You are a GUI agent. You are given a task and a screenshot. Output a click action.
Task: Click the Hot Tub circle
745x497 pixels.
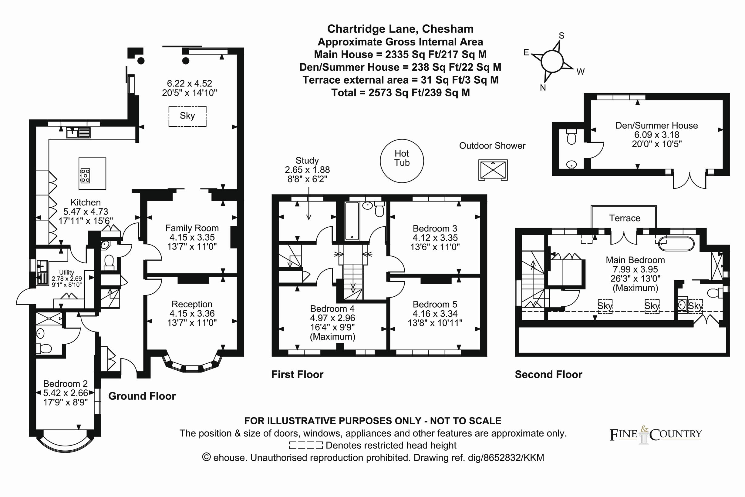(x=402, y=161)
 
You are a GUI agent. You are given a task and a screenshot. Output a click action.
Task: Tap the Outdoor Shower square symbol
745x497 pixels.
(x=493, y=170)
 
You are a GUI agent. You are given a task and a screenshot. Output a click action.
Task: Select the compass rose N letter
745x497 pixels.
(x=543, y=88)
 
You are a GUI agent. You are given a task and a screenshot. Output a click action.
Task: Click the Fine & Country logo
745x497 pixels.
(x=655, y=435)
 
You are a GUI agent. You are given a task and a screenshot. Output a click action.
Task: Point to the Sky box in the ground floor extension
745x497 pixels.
(x=187, y=116)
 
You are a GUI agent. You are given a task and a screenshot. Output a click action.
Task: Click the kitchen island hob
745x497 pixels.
(x=85, y=175)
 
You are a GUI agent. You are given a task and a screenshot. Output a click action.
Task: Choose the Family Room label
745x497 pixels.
(x=192, y=228)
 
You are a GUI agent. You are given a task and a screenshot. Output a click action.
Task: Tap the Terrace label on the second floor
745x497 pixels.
(x=625, y=218)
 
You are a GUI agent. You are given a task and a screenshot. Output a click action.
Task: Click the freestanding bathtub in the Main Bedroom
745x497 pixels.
(x=676, y=244)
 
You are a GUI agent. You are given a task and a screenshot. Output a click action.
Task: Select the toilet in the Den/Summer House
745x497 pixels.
(x=571, y=138)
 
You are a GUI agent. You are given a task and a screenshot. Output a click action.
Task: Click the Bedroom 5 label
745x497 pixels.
(x=435, y=304)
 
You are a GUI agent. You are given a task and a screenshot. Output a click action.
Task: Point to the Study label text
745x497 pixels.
(x=307, y=160)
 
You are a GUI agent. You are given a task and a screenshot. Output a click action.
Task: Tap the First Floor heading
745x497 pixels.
(x=297, y=374)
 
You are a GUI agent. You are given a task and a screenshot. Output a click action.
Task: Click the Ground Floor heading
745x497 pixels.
(x=142, y=396)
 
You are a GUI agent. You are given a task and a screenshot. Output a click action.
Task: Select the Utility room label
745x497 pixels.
(x=66, y=272)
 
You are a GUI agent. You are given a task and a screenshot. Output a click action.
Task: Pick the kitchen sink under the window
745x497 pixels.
(x=78, y=132)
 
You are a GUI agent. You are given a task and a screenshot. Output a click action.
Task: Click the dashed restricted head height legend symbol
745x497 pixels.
(x=306, y=445)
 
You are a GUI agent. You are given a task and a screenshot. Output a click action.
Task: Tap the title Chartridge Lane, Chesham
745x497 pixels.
(x=400, y=29)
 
